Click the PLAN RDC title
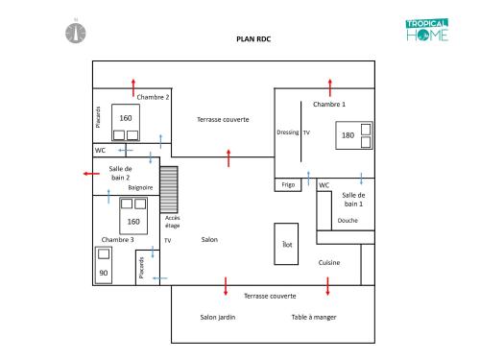(x=253, y=39)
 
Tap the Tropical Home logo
(x=427, y=30)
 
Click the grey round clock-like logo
(x=76, y=33)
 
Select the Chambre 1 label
(x=329, y=105)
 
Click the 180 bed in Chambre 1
(x=354, y=135)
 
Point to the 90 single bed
(x=104, y=265)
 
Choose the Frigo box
(x=288, y=185)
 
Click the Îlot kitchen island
(x=286, y=244)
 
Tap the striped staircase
(x=169, y=189)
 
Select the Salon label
(x=209, y=239)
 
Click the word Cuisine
(x=329, y=263)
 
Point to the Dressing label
(x=288, y=132)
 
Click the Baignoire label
(x=140, y=187)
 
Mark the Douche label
(x=348, y=221)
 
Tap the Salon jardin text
(x=218, y=317)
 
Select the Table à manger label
(x=314, y=317)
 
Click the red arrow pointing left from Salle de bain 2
(x=91, y=174)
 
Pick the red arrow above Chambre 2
(x=133, y=87)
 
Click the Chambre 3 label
(x=117, y=240)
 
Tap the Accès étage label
(x=172, y=222)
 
